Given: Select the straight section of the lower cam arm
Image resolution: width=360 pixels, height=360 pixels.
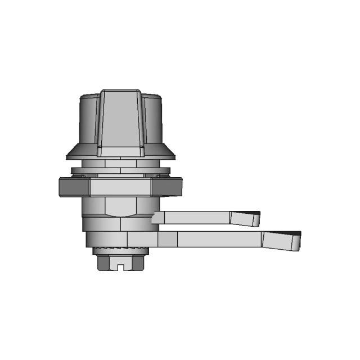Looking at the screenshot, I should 219,239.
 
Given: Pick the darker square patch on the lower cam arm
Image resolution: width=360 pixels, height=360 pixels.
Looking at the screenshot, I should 167,239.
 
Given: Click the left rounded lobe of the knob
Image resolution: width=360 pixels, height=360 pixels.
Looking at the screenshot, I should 87,121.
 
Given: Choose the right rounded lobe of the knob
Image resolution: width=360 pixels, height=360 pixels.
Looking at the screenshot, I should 153,121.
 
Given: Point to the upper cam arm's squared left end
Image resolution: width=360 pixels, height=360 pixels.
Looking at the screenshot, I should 157,218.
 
